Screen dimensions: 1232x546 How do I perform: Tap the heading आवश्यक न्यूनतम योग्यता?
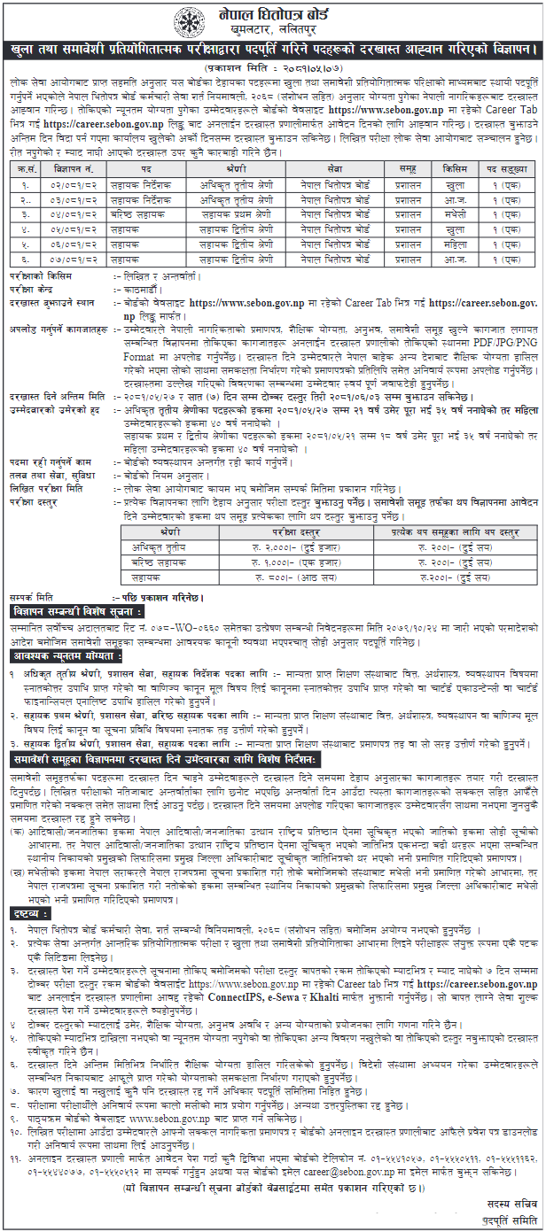click(x=67, y=655)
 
